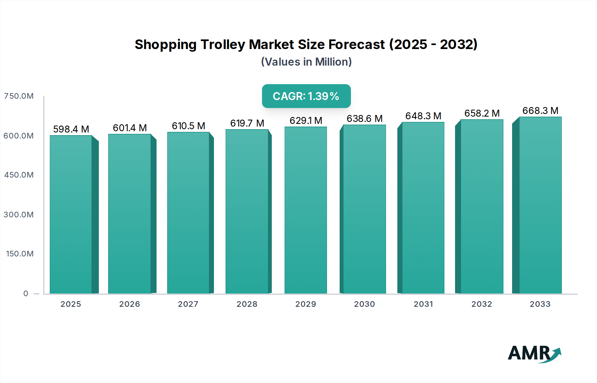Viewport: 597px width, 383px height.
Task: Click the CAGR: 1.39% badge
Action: click(306, 96)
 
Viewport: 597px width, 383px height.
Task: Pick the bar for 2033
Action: click(540, 205)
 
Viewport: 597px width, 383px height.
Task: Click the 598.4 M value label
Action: click(71, 129)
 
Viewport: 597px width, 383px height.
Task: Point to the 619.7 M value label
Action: click(247, 123)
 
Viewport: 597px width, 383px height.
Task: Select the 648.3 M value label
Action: click(423, 116)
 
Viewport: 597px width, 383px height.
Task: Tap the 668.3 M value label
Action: click(540, 111)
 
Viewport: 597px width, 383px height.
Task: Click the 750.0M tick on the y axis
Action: click(19, 96)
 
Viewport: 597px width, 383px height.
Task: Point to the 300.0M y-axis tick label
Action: click(19, 215)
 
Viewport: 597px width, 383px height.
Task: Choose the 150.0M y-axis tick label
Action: click(20, 254)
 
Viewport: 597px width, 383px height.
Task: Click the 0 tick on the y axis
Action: click(26, 294)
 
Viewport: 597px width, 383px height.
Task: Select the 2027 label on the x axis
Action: click(188, 304)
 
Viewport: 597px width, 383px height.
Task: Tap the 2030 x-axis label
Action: click(364, 304)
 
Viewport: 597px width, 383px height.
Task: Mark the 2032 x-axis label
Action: click(482, 304)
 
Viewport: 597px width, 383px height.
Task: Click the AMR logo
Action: click(534, 354)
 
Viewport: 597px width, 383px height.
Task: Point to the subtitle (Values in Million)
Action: click(306, 62)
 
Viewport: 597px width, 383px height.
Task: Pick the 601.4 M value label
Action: click(130, 128)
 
